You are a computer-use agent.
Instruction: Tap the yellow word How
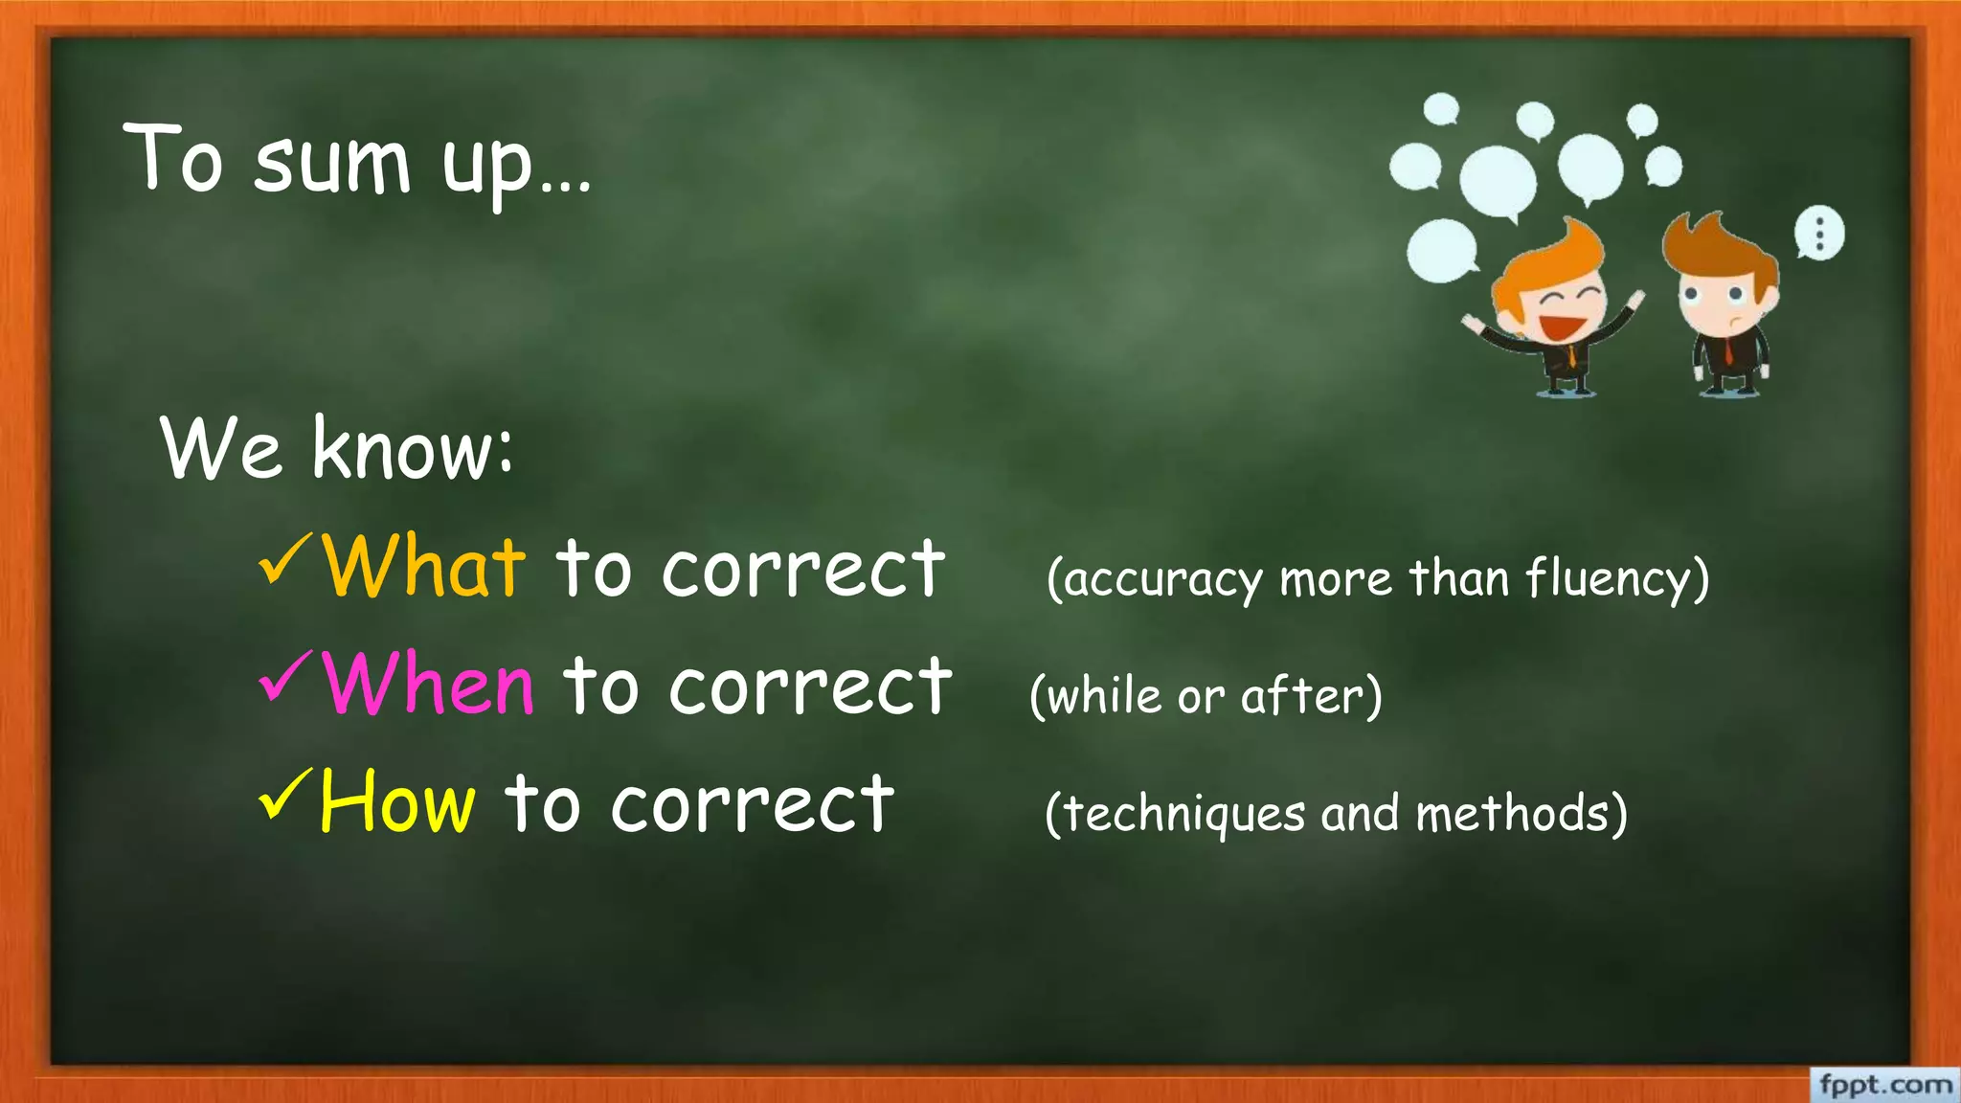(397, 802)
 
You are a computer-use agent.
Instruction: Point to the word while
(1104, 696)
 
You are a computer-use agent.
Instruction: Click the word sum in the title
(332, 163)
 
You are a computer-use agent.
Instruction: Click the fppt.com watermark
(1884, 1085)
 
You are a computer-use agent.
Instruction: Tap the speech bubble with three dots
(1818, 233)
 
